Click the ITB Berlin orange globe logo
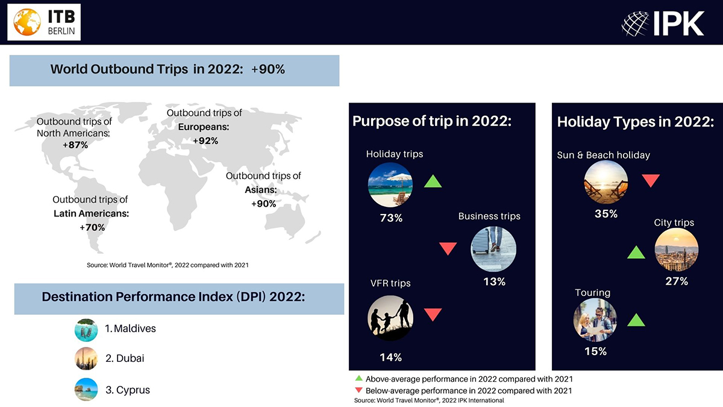(27, 22)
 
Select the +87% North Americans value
(75, 145)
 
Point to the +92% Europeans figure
(205, 141)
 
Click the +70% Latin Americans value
(92, 227)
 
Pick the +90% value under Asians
(264, 204)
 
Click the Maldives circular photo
(86, 330)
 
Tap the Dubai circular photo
(86, 359)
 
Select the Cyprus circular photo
(86, 390)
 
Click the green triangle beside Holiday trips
(433, 181)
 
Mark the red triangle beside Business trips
(448, 248)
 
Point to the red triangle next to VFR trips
(433, 315)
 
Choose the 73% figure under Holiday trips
(391, 218)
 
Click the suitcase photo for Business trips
(493, 249)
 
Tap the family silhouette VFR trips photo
(390, 318)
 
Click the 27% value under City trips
(677, 282)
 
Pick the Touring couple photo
(595, 320)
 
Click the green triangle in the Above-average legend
(358, 378)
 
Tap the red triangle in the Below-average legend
(358, 390)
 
